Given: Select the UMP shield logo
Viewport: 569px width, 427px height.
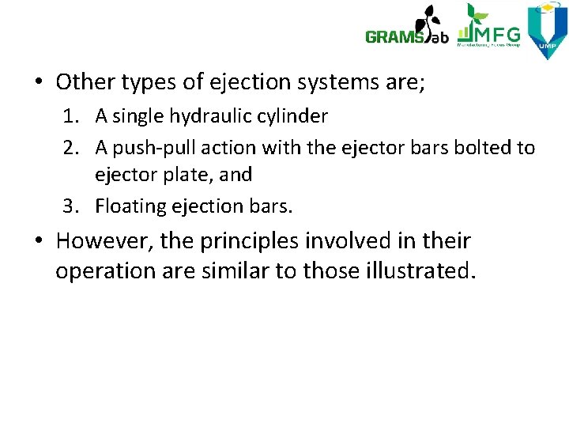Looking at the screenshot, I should pyautogui.click(x=547, y=31).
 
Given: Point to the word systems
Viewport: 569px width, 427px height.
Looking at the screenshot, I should pyautogui.click(x=333, y=81).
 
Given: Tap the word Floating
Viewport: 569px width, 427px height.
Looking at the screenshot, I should pyautogui.click(x=130, y=207).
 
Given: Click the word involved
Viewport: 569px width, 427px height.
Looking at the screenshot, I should pyautogui.click(x=360, y=240).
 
